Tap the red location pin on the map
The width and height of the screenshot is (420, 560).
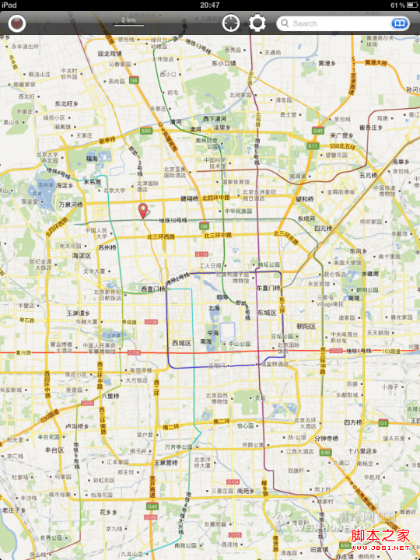142,209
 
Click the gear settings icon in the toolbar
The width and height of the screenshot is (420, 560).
257,23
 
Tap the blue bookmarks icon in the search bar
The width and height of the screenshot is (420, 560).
399,23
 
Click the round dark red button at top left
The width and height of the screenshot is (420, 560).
16,23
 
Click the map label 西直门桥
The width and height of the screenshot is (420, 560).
153,289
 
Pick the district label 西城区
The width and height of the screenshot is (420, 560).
182,342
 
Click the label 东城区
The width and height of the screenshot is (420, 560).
268,313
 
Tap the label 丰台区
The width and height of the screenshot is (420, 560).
54,450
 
